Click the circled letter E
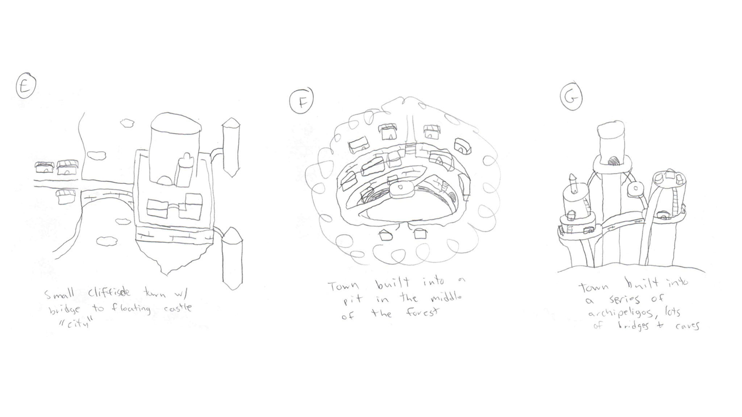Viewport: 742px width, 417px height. (26, 86)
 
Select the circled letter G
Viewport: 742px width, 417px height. (571, 97)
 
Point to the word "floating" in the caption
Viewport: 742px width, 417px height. (131, 309)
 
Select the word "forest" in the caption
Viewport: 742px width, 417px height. (422, 312)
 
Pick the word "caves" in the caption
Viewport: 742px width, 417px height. (687, 325)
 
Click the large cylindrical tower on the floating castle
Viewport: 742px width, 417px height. (175, 145)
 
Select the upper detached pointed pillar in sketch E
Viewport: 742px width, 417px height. (231, 147)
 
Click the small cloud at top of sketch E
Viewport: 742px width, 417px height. (127, 123)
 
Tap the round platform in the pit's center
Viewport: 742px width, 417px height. (401, 189)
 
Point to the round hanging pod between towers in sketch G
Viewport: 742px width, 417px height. (635, 188)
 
